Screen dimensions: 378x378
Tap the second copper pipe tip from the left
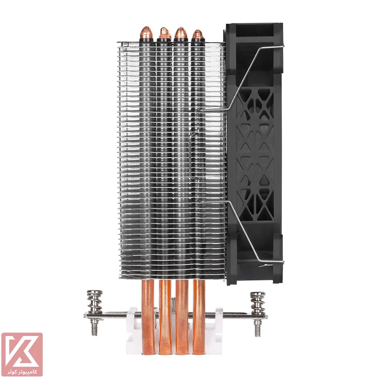pyautogui.click(x=164, y=33)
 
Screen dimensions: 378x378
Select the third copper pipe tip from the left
pyautogui.click(x=180, y=33)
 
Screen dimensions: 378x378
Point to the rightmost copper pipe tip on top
pyautogui.click(x=198, y=34)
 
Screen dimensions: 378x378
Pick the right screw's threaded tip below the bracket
pyautogui.click(x=258, y=328)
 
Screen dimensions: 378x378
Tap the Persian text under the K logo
pyautogui.click(x=22, y=372)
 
